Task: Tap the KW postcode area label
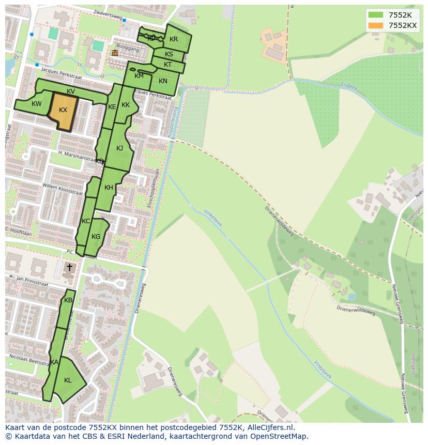point(36,104)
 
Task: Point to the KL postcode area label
point(68,380)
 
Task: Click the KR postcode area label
point(174,39)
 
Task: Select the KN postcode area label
point(163,81)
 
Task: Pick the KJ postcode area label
point(119,148)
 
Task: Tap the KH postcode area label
point(109,188)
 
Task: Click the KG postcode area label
point(96,237)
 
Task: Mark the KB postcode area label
point(68,300)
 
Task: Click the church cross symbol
point(69,267)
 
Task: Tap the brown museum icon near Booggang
point(114,53)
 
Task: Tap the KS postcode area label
point(169,54)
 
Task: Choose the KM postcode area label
point(139,76)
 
